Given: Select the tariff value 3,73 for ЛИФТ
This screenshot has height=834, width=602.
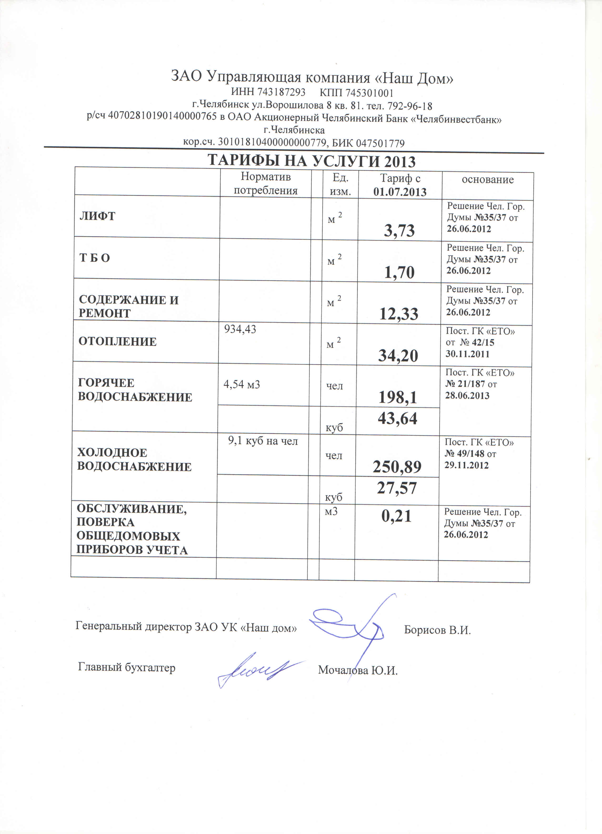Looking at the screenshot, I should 399,231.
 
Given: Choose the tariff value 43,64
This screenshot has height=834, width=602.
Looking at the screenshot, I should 397,418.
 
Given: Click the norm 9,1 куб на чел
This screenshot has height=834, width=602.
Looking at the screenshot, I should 263,441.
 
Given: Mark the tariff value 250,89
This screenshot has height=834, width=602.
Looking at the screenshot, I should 397,467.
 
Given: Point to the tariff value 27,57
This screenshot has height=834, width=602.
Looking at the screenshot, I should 397,488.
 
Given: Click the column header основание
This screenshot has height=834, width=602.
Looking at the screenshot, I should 487,179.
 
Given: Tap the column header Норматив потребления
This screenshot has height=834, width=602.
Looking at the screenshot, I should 266,184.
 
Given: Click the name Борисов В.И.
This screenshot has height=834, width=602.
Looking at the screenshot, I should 437,630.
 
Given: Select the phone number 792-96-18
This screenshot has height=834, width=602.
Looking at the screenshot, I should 410,106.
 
